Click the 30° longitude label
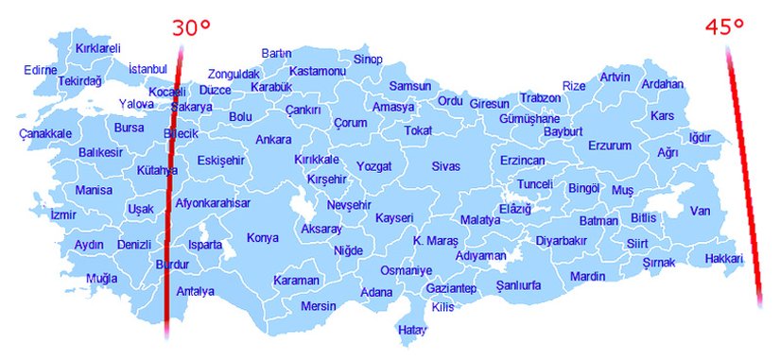pyautogui.click(x=191, y=27)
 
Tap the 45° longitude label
pyautogui.click(x=725, y=27)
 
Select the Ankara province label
pyautogui.click(x=273, y=140)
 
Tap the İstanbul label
pyautogui.click(x=147, y=69)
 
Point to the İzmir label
pyautogui.click(x=63, y=215)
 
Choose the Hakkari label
pyautogui.click(x=724, y=259)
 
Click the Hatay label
pyautogui.click(x=412, y=330)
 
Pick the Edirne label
pyautogui.click(x=41, y=69)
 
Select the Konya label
pyautogui.click(x=263, y=238)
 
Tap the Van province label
pyautogui.click(x=700, y=211)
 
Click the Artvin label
pyautogui.click(x=615, y=77)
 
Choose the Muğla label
pyautogui.click(x=101, y=279)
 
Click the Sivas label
pyautogui.click(x=445, y=166)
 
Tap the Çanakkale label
pyautogui.click(x=44, y=134)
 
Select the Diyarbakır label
pyautogui.click(x=562, y=241)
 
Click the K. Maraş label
pyautogui.click(x=436, y=241)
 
